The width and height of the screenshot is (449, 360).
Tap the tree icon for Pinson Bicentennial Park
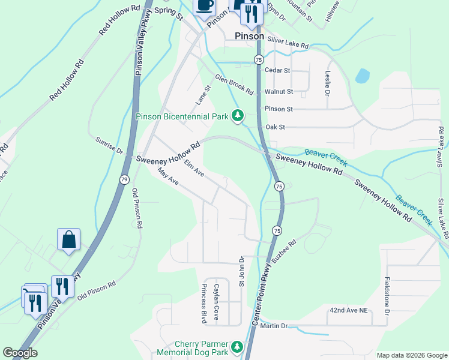pyautogui.click(x=238, y=115)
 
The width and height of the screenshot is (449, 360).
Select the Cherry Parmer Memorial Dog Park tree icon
pyautogui.click(x=237, y=347)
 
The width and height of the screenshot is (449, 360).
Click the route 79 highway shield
pyautogui.click(x=124, y=179)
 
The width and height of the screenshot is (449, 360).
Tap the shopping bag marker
pyautogui.click(x=69, y=239)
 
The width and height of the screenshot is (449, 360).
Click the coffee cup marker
pyautogui.click(x=203, y=5)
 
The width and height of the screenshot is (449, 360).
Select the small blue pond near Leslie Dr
pyautogui.click(x=362, y=76)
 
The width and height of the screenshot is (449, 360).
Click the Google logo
pyautogui.click(x=19, y=353)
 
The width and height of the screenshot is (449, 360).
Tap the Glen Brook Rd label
pyautogui.click(x=234, y=84)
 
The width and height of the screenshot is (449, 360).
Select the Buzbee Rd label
pyautogui.click(x=284, y=252)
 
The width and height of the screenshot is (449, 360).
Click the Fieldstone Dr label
pyautogui.click(x=387, y=297)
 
